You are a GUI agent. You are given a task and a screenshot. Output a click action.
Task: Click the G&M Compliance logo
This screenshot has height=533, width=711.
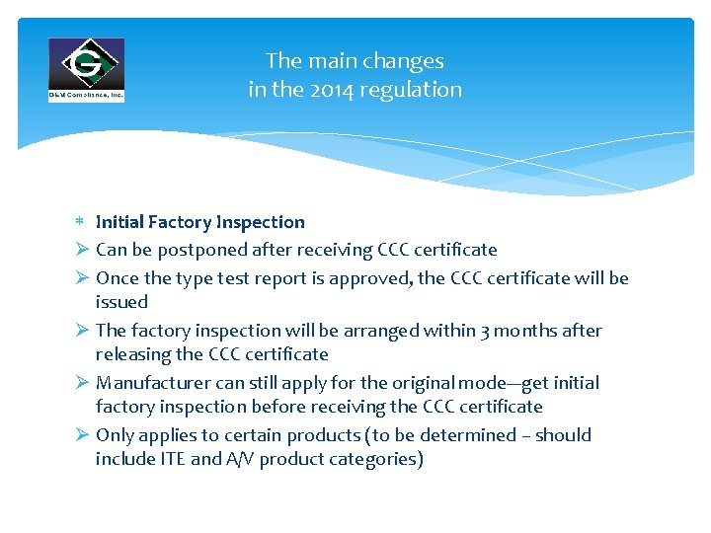click(87, 69)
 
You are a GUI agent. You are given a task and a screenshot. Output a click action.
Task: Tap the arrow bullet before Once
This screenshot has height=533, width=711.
click(82, 278)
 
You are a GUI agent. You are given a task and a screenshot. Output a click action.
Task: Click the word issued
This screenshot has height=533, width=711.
click(121, 302)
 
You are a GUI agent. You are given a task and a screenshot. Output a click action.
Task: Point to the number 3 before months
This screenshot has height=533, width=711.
click(486, 331)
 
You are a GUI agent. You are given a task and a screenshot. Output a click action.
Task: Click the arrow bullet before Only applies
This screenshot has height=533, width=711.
click(82, 435)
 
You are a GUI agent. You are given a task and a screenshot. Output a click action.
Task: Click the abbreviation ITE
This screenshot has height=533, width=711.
click(173, 459)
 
